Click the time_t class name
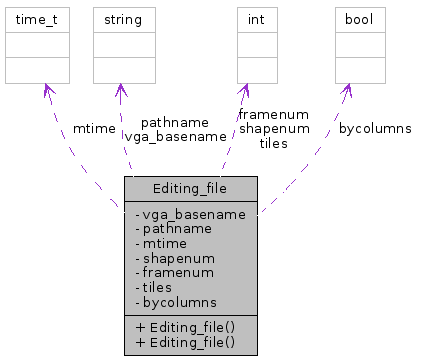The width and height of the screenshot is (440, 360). click(37, 19)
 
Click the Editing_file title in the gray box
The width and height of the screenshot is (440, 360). click(191, 187)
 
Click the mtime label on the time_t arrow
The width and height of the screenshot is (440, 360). click(94, 128)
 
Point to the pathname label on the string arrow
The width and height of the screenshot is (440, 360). click(176, 121)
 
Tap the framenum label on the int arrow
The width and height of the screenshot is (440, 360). click(273, 115)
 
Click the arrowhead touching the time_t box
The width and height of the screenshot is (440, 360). click(44, 90)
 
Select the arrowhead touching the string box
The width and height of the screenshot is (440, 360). click(121, 90)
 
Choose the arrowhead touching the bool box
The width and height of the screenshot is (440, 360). click(347, 90)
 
